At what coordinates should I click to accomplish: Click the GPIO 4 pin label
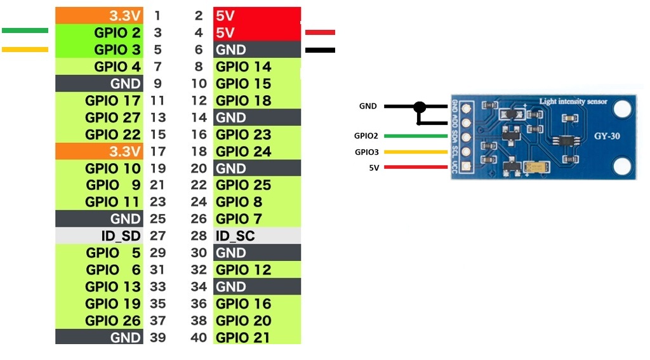click(117, 67)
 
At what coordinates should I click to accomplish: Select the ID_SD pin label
click(121, 236)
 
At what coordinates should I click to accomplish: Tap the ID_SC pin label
click(235, 236)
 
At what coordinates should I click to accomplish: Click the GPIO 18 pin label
click(243, 101)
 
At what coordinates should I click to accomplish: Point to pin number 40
click(199, 338)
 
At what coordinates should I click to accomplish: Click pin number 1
click(157, 16)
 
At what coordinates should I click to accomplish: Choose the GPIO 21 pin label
click(243, 338)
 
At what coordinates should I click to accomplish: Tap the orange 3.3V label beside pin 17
click(125, 151)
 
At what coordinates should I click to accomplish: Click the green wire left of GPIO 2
click(25, 30)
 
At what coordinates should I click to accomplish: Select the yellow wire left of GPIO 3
click(25, 50)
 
